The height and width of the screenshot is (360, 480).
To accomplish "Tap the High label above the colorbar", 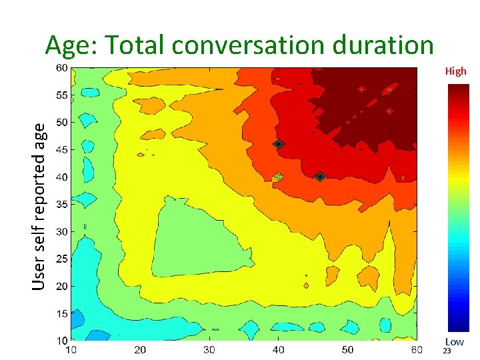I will [456, 71].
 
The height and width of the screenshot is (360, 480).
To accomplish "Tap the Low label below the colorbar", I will [455, 342].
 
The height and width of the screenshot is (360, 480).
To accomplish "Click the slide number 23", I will [447, 351].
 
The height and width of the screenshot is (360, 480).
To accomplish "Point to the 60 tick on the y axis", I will [61, 68].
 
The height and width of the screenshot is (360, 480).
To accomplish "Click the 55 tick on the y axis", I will [61, 95].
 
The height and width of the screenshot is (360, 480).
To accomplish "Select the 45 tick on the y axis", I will [61, 150].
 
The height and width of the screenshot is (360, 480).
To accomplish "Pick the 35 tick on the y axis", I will [61, 205].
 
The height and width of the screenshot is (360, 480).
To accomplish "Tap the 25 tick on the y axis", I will [61, 259].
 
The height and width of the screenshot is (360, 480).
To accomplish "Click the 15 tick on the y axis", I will [61, 313].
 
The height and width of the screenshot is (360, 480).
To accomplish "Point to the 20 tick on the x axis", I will [140, 349].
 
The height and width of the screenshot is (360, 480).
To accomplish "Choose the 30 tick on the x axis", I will [209, 349].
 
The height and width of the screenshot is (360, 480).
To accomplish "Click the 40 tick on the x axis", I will [279, 349].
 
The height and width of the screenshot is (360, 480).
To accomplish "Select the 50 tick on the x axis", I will [348, 349].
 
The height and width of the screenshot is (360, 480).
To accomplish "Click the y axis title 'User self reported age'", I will [40, 206].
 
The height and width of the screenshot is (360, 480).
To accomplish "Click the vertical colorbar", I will [459, 209].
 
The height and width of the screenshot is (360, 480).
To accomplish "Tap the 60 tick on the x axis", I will [417, 349].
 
